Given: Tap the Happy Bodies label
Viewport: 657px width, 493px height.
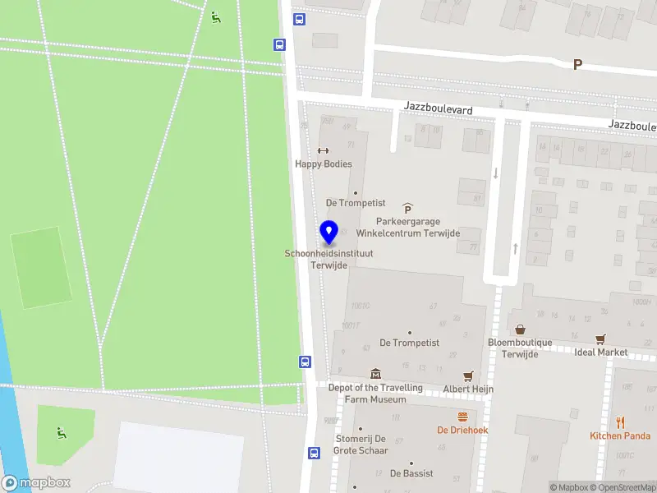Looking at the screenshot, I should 324,164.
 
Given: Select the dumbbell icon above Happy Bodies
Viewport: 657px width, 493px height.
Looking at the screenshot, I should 323,150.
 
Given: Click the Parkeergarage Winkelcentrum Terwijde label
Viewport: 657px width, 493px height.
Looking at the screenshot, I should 408,227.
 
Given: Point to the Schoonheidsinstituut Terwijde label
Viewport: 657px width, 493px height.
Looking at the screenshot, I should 328,259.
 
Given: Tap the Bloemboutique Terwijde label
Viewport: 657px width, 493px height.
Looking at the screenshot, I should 520,348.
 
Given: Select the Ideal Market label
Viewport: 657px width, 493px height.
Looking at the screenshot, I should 601,352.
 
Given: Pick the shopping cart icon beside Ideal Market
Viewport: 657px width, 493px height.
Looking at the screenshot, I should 600,339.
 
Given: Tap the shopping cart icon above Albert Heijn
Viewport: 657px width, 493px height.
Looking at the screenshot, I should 468,376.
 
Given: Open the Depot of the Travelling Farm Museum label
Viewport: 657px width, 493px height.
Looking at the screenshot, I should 375,394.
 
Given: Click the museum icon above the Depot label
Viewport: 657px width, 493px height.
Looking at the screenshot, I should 376,375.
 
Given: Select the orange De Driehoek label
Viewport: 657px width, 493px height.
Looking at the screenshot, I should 462,430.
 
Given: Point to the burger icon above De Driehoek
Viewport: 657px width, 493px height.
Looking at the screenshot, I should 462,417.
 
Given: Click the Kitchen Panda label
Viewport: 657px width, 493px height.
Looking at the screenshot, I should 620,435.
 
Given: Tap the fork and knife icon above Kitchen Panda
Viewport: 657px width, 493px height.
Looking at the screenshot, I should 620,422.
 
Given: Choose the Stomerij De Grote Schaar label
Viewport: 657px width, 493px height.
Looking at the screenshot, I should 361,445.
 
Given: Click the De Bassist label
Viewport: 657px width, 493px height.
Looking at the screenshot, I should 411,473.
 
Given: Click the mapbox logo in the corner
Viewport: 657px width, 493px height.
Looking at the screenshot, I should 36,483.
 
